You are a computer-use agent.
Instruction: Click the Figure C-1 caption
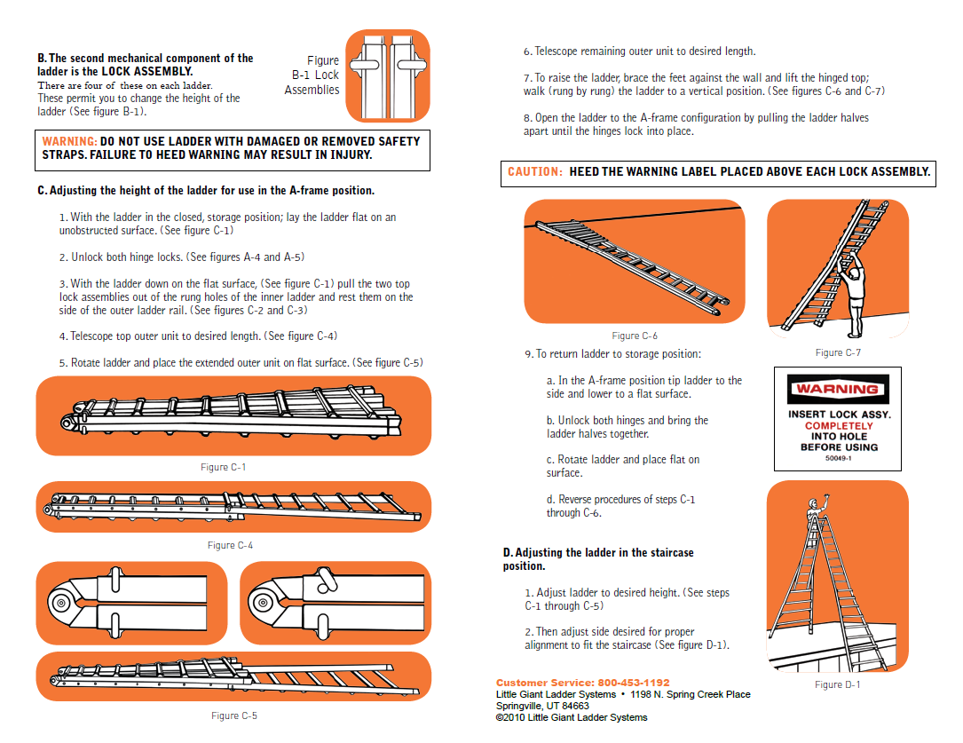(224, 467)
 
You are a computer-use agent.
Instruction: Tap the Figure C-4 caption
(230, 545)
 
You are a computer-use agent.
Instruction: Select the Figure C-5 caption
(234, 715)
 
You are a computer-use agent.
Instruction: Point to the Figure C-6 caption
(635, 336)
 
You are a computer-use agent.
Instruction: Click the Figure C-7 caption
(838, 352)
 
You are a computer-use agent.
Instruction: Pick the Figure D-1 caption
(837, 684)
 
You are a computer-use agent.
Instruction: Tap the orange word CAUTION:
(534, 172)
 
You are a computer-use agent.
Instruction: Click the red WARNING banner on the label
(837, 389)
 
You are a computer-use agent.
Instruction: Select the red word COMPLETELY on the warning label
(838, 426)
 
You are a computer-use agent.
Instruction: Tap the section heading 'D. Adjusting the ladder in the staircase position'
(597, 559)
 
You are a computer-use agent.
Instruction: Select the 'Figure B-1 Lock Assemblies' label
(312, 75)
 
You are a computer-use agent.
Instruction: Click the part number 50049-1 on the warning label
(837, 459)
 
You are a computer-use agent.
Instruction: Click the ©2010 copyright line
(571, 717)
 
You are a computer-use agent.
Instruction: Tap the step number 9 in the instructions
(528, 354)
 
